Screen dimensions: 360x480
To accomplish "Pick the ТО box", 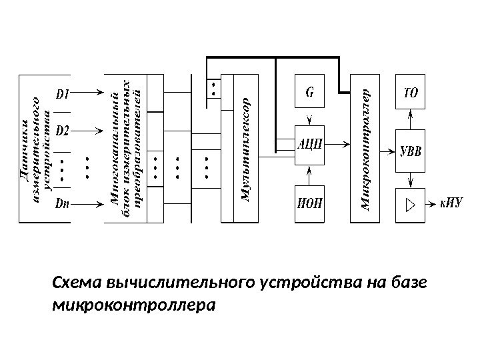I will tap(411, 92).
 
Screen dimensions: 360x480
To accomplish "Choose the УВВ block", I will tap(411, 148).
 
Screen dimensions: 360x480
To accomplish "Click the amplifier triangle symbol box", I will tap(411, 202).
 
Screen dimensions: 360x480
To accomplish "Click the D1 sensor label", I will tap(64, 94).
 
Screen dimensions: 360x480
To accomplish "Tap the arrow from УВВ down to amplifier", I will tap(411, 176).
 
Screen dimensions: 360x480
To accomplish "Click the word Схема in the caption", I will tap(73, 284).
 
